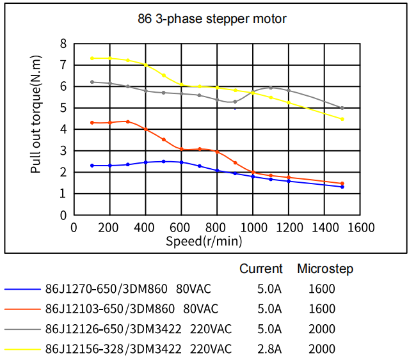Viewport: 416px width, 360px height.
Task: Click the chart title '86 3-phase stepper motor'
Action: (212, 19)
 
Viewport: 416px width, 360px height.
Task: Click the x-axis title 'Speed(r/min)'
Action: (204, 241)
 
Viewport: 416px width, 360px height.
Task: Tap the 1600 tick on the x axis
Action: (361, 228)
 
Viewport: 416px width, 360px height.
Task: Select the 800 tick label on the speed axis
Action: (218, 228)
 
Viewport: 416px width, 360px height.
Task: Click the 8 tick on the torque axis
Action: (63, 43)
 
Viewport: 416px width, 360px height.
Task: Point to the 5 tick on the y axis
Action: (63, 108)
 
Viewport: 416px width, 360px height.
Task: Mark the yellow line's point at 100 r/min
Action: (92, 58)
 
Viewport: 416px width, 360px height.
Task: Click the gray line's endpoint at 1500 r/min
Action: (342, 108)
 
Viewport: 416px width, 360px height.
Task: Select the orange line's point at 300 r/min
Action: (128, 121)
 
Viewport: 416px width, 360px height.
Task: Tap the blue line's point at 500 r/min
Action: (164, 162)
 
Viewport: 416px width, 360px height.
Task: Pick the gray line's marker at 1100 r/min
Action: (271, 88)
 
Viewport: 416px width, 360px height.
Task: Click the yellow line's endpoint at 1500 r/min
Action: (342, 119)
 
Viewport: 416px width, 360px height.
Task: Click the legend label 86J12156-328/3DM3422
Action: (113, 349)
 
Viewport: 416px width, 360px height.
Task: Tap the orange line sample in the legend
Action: (22, 309)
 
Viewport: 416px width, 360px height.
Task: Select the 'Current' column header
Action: (260, 269)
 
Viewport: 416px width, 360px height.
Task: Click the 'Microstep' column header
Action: (325, 269)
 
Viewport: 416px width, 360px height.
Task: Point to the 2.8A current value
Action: (269, 349)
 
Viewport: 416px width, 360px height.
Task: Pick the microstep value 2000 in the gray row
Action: (321, 329)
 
